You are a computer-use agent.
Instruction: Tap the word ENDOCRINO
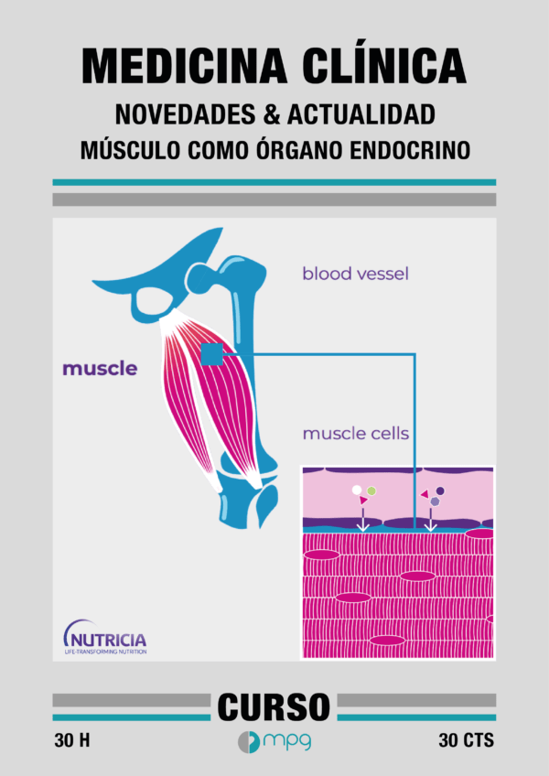(x=410, y=150)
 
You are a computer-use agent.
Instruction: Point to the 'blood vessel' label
(x=355, y=274)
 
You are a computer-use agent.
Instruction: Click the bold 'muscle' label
(x=100, y=369)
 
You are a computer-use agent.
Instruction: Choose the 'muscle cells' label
(x=355, y=434)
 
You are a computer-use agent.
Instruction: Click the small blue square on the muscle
(x=212, y=354)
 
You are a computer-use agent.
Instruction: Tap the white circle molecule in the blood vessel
(x=357, y=490)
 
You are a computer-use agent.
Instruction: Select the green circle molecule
(x=371, y=490)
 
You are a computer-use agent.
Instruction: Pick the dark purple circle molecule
(x=440, y=490)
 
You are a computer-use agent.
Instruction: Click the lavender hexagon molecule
(x=436, y=501)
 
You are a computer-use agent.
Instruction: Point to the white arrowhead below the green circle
(x=363, y=528)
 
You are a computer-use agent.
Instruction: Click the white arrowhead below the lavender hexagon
(x=431, y=528)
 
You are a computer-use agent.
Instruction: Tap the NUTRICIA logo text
(x=109, y=640)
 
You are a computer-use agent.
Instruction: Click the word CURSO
(x=274, y=707)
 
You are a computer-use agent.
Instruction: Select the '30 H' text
(x=72, y=741)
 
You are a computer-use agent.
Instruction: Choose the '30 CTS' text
(x=467, y=741)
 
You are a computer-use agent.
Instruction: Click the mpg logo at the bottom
(x=274, y=742)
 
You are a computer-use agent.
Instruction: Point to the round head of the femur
(x=200, y=278)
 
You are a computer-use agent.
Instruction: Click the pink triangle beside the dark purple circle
(x=425, y=494)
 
